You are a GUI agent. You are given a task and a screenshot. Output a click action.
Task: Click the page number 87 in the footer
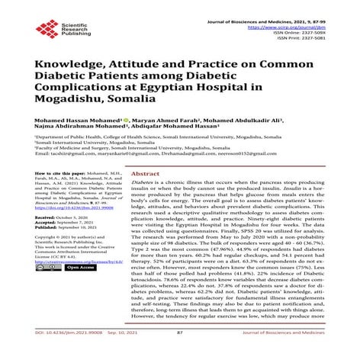(x=180, y=354)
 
